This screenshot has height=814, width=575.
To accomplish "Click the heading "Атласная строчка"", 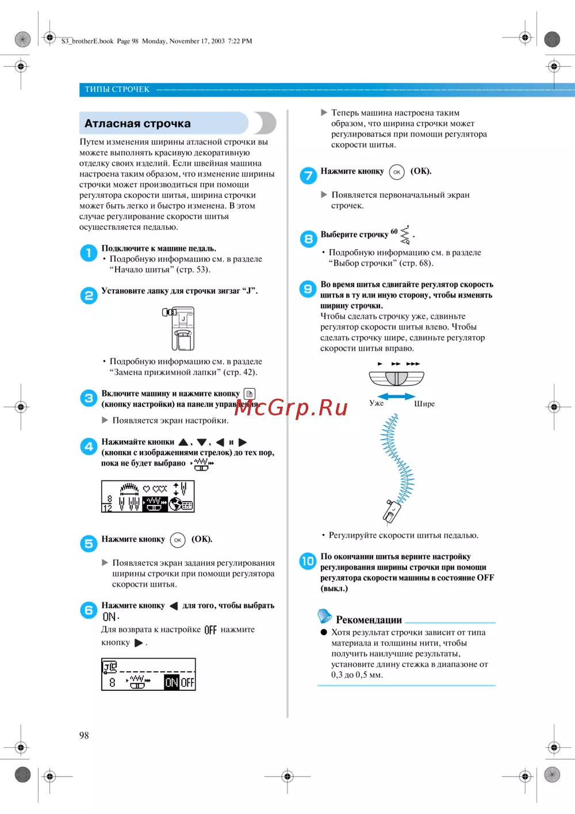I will pyautogui.click(x=137, y=124).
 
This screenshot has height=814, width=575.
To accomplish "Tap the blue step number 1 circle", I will pyautogui.click(x=89, y=253).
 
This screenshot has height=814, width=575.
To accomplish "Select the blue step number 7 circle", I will pyautogui.click(x=308, y=175).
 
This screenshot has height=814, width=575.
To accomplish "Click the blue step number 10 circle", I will pyautogui.click(x=308, y=561).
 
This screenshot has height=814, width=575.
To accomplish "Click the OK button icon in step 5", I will pyautogui.click(x=178, y=540).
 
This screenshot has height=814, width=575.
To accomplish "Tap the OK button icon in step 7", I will pyautogui.click(x=397, y=172).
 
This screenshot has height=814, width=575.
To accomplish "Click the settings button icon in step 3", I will pyautogui.click(x=250, y=394).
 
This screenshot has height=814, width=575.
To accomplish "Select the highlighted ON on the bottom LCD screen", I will pyautogui.click(x=171, y=682).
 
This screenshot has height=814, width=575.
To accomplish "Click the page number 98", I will pyautogui.click(x=84, y=735).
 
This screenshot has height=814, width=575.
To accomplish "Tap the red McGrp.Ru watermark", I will pyautogui.click(x=291, y=407).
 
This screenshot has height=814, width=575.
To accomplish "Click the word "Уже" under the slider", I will pyautogui.click(x=377, y=403).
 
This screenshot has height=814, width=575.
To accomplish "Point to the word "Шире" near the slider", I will pyautogui.click(x=424, y=404).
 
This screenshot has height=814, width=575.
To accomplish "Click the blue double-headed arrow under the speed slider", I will pyautogui.click(x=396, y=396).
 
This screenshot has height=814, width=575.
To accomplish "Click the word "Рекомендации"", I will pyautogui.click(x=369, y=620).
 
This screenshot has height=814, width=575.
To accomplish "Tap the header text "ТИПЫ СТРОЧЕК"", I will pyautogui.click(x=117, y=89).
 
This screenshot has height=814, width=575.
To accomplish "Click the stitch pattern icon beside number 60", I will pyautogui.click(x=405, y=235).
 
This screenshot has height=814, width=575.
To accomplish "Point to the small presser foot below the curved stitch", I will pyautogui.click(x=392, y=511).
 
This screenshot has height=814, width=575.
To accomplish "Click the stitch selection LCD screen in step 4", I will pyautogui.click(x=148, y=496).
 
